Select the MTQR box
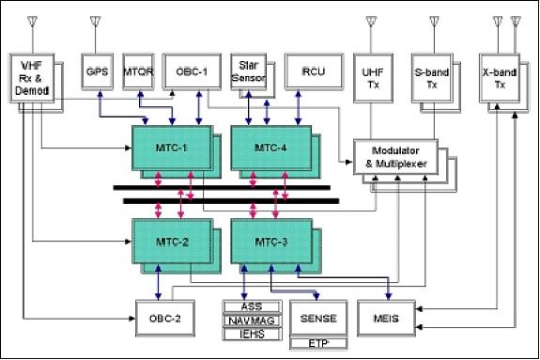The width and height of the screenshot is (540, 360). coord(138,70)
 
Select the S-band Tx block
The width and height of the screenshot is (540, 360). coord(430,73)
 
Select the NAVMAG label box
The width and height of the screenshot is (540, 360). coord(250,321)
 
